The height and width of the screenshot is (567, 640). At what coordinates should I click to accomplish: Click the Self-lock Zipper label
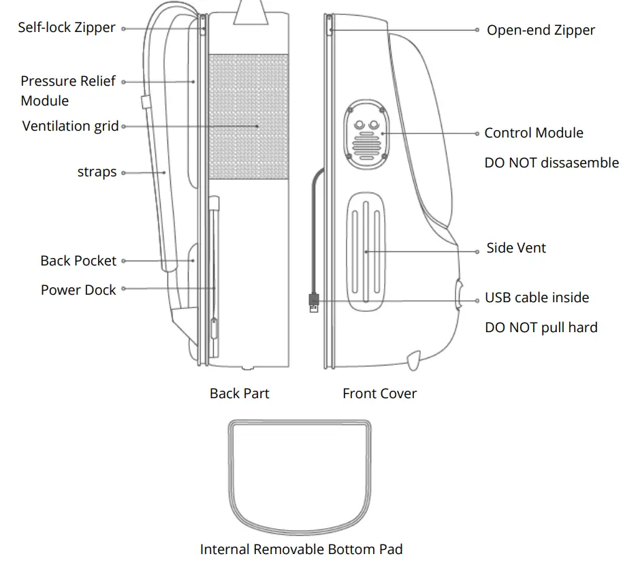pyautogui.click(x=67, y=28)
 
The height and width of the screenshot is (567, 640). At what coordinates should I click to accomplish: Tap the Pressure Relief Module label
pyautogui.click(x=67, y=91)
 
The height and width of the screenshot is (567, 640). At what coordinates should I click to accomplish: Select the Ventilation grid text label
pyautogui.click(x=71, y=126)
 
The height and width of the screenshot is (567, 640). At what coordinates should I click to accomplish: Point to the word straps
pyautogui.click(x=97, y=172)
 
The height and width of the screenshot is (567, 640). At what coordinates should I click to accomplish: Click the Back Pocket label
pyautogui.click(x=78, y=261)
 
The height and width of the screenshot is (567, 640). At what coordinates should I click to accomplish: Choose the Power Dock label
pyautogui.click(x=78, y=290)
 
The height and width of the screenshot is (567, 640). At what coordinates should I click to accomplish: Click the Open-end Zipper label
pyautogui.click(x=541, y=30)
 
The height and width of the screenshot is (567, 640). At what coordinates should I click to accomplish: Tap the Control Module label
pyautogui.click(x=534, y=133)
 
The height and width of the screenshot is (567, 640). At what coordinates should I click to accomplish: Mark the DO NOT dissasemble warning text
pyautogui.click(x=551, y=163)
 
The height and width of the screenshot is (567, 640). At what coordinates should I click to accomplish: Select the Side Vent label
pyautogui.click(x=516, y=248)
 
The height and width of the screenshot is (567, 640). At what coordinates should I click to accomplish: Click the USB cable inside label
pyautogui.click(x=537, y=297)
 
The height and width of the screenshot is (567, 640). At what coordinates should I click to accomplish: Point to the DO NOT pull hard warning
pyautogui.click(x=541, y=327)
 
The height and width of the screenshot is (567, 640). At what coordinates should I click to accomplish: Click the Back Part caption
pyautogui.click(x=239, y=393)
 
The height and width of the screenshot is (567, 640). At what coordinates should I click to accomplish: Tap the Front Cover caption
pyautogui.click(x=379, y=393)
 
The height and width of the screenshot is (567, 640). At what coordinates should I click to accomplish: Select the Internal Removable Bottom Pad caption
pyautogui.click(x=301, y=549)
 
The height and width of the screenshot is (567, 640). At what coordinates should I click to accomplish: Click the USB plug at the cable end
pyautogui.click(x=313, y=302)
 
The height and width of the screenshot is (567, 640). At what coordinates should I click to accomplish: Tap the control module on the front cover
pyautogui.click(x=368, y=133)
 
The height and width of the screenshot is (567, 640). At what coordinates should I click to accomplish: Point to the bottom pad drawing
pyautogui.click(x=300, y=476)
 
